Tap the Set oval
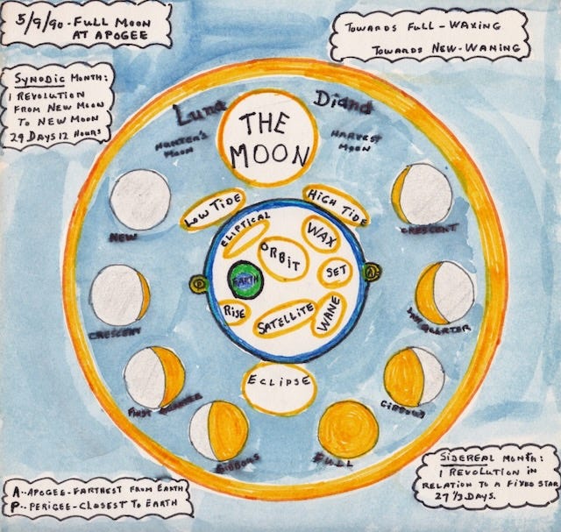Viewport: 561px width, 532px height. [334, 272]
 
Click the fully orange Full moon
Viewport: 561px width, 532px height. [347, 430]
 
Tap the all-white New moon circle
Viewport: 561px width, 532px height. [140, 200]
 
